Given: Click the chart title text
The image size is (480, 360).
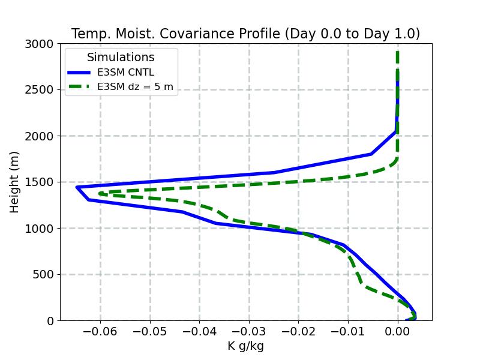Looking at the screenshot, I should coord(245,34).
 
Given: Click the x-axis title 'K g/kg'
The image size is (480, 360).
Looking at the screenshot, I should coord(245,346).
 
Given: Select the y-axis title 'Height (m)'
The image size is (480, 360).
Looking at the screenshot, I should coord(15,182).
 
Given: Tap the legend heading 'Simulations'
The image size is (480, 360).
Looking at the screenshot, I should coord(121,58).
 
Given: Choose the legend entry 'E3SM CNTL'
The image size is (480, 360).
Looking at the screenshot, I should coord(125,73).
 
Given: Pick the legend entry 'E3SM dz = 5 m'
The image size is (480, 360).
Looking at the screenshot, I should coord(135,87).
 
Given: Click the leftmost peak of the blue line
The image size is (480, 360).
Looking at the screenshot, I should coord(77,187).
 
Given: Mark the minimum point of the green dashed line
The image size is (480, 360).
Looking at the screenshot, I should coord(100,193).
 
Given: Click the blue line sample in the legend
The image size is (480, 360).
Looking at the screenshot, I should coord(80,73).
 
